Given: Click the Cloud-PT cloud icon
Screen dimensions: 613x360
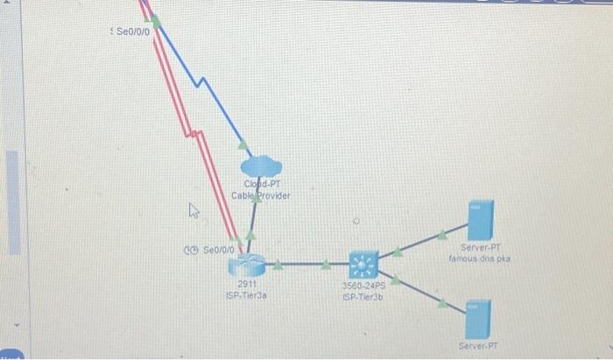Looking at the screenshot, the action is pos(261,164).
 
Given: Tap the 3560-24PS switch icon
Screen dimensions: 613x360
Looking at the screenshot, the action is pos(363,264).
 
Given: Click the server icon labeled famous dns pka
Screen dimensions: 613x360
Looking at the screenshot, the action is pos(481,221).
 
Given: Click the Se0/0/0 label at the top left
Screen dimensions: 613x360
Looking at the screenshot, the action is pos(133,31).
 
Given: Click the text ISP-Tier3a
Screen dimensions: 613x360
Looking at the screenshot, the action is pos(247,295).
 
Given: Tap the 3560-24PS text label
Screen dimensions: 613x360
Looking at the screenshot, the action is pos(363,285).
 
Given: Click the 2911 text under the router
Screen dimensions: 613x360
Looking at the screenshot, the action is pos(247,284).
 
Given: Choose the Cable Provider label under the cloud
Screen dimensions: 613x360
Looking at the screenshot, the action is pos(261,194).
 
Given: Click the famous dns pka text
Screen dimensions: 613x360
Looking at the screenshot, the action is pos(479,259).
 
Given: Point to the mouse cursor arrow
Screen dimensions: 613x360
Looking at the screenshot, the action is pos(194,210).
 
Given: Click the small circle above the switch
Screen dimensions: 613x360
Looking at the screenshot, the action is pos(356,222).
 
